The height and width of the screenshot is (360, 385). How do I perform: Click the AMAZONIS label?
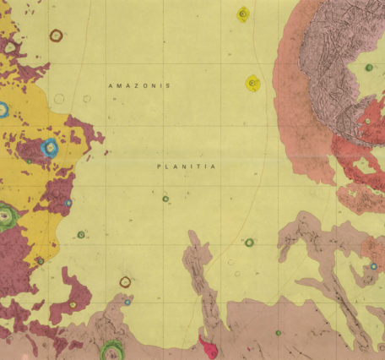click(140, 86)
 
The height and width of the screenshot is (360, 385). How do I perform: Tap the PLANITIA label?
click(187, 166)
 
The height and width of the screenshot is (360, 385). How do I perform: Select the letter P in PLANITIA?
click(160, 166)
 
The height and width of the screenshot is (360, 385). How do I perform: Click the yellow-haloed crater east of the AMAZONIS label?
click(252, 83)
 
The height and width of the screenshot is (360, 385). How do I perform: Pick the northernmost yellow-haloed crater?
click(243, 13)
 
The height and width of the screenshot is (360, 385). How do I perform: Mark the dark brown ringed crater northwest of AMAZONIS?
click(56, 35)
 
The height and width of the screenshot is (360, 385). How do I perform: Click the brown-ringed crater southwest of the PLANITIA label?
click(125, 281)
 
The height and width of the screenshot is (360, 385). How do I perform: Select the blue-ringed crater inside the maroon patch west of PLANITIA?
click(48, 149)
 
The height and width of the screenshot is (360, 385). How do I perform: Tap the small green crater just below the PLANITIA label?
click(165, 199)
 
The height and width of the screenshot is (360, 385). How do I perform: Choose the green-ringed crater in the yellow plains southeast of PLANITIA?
click(249, 243)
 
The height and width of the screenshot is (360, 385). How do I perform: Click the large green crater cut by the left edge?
click(5, 216)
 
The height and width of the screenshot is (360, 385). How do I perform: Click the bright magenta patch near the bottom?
click(207, 346)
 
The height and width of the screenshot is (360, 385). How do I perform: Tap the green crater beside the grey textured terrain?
click(369, 68)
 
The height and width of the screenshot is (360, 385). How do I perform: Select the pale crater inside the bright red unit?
click(366, 121)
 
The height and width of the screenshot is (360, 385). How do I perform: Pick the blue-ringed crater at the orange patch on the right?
click(373, 266)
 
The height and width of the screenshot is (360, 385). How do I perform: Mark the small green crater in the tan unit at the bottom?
click(278, 332)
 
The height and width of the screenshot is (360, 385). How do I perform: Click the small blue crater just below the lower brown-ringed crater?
click(127, 302)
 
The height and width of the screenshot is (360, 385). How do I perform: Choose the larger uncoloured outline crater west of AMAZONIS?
click(59, 99)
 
